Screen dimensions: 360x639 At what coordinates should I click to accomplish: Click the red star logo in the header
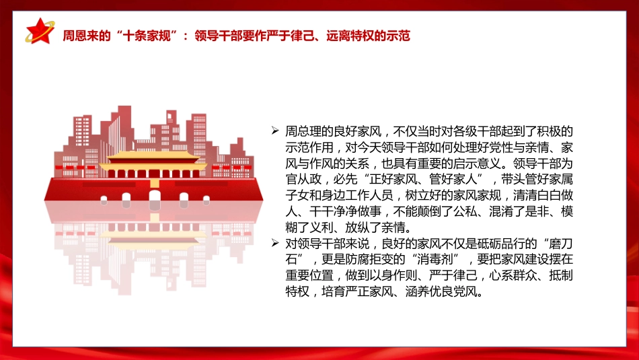pos(39,31)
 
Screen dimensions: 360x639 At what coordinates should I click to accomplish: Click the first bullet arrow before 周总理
pos(274,130)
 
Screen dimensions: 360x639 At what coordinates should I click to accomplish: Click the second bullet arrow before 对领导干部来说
pos(274,243)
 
